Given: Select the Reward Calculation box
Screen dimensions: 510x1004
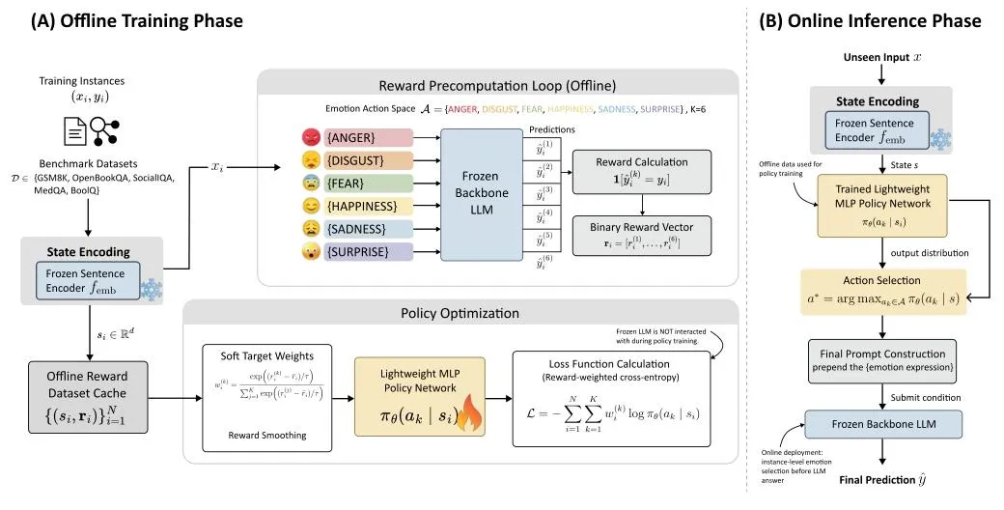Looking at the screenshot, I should pyautogui.click(x=641, y=171).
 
